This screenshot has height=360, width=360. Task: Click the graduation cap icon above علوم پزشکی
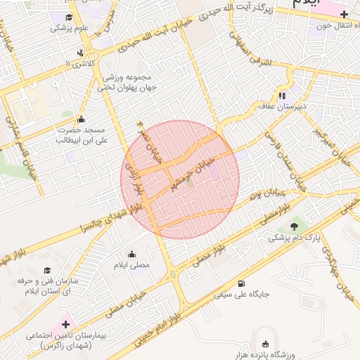click(69, 18)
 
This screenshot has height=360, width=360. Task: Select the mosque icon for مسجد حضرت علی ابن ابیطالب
click(82, 119)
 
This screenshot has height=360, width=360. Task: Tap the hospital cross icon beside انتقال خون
click(345, 14)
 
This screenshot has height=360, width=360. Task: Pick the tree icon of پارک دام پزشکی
click(293, 226)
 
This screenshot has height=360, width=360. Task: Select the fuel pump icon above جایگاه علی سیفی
click(242, 283)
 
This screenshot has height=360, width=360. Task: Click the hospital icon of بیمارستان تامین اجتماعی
click(66, 325)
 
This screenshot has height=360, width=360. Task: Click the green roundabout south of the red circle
click(173, 274)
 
